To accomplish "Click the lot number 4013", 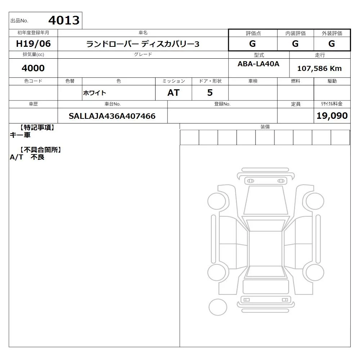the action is click(64, 20).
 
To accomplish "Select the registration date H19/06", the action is click(33, 44).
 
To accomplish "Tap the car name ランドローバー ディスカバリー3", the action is click(143, 44).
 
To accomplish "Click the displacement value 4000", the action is click(33, 68).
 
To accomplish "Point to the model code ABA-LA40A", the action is click(258, 64).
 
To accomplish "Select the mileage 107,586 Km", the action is click(319, 68).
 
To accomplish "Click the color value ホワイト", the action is click(94, 93).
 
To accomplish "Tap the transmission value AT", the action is click(174, 93).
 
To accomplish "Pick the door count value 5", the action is click(210, 93).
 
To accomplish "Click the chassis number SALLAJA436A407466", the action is click(112, 116).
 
